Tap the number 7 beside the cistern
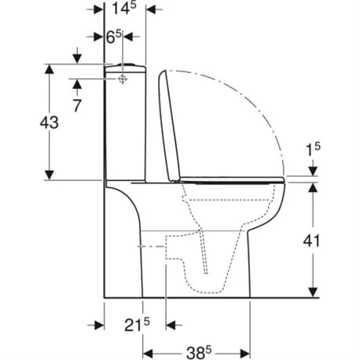click(76, 104)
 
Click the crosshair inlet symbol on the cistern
click(123, 79)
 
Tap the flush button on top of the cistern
click(125, 63)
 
